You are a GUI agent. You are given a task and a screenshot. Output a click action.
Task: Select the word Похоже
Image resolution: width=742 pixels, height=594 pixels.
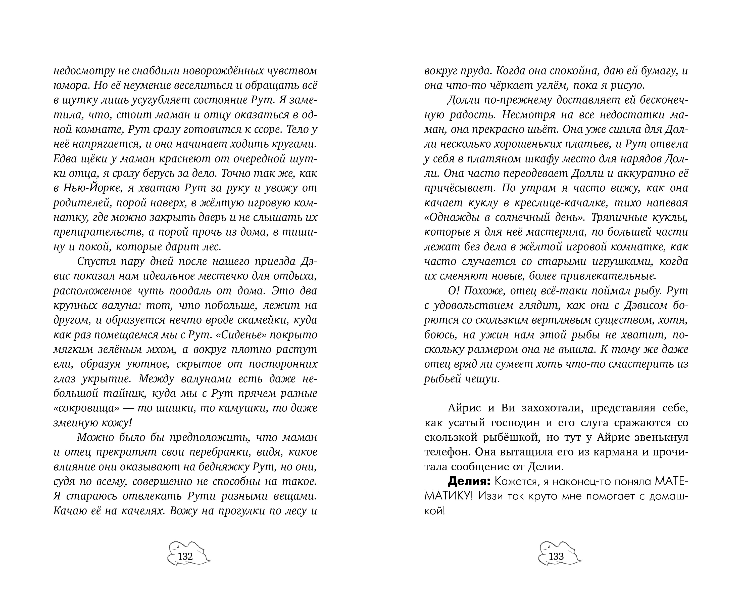coord(482,291)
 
